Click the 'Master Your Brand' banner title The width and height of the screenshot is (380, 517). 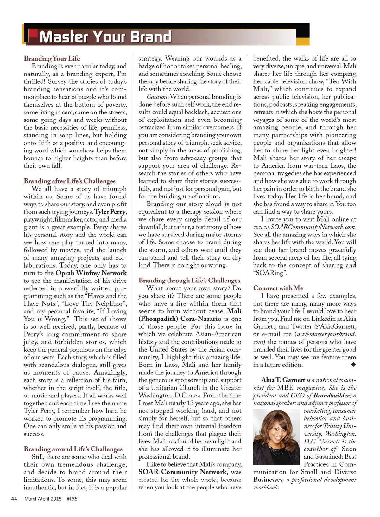click(105, 37)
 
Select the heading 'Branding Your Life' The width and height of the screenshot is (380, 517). click(52, 58)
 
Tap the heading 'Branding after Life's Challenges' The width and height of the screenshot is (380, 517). click(70, 181)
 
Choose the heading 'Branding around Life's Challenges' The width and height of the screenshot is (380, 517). click(73, 449)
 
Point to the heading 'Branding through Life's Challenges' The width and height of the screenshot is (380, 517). click(189, 281)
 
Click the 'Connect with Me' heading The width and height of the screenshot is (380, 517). click(278, 288)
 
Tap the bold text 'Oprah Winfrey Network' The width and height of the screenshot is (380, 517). click(91, 273)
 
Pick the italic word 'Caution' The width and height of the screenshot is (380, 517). click(157, 97)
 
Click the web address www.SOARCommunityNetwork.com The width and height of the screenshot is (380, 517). click(305, 227)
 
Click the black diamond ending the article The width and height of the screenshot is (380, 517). click(354, 365)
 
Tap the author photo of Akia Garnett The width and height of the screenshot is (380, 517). click(276, 437)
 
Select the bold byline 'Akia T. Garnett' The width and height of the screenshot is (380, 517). click(283, 380)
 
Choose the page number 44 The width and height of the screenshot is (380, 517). click(14, 499)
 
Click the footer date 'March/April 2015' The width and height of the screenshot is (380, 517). click(43, 499)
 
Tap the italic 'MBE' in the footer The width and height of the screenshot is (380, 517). click(72, 499)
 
